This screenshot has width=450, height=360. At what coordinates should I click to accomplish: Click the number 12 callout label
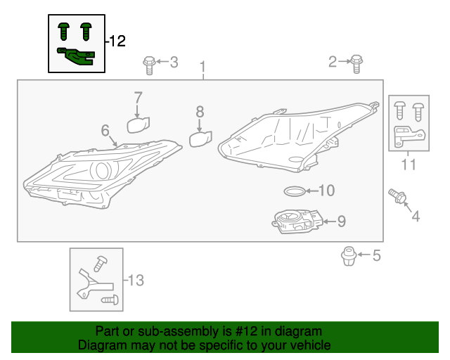[x=117, y=41]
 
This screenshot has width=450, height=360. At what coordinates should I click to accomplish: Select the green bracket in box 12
[x=77, y=55]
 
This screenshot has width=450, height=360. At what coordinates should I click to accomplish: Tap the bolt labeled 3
[x=148, y=64]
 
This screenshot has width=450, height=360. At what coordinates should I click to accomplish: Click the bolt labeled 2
[x=356, y=63]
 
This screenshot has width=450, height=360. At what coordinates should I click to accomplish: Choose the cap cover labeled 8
[x=200, y=139]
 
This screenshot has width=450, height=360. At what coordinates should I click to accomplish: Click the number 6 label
[x=105, y=130]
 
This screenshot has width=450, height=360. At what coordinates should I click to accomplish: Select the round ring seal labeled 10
[x=294, y=191]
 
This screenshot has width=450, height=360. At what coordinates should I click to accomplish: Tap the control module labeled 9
[x=295, y=222]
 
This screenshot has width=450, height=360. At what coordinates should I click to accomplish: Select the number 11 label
[x=409, y=165]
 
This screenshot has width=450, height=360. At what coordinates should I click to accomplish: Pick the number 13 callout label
[x=135, y=281]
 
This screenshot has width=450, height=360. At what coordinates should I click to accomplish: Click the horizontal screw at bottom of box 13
[x=110, y=300]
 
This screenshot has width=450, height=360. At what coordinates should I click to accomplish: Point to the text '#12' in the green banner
[x=228, y=331]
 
